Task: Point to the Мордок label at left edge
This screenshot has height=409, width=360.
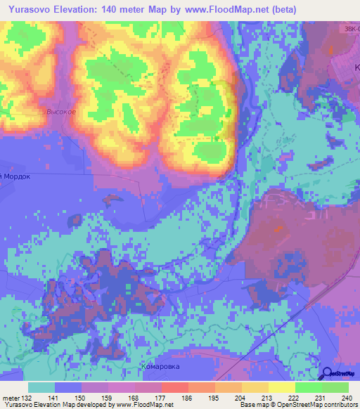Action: pos(15,177)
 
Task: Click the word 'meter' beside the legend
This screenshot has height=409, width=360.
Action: pos(10,398)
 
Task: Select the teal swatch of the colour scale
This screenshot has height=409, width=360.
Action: pos(41,387)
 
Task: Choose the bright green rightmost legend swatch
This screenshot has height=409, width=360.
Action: pos(335,387)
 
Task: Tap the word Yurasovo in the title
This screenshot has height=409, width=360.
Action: pos(33,10)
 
